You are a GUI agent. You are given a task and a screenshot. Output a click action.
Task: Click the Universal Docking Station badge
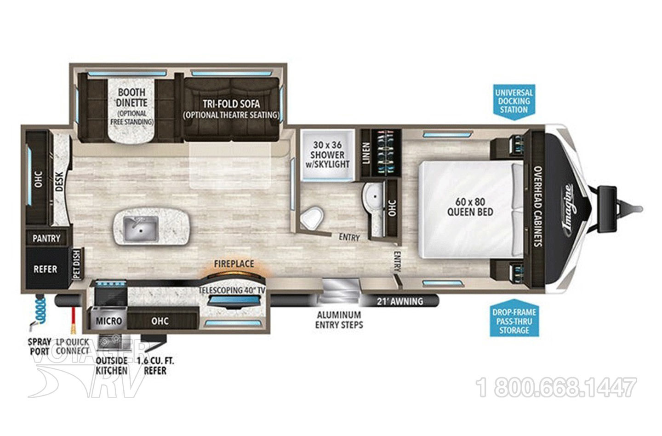(x=514, y=101)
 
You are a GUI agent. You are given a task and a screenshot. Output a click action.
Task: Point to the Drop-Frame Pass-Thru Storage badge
(x=514, y=321)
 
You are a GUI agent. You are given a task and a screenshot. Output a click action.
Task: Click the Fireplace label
(x=234, y=264)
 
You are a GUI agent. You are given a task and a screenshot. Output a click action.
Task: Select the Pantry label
(x=46, y=238)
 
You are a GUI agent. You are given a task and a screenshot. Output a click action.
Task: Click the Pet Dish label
(x=76, y=264)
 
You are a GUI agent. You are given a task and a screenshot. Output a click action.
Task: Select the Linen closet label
(x=366, y=154)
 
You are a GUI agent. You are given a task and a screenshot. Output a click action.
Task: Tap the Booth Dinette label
(x=131, y=97)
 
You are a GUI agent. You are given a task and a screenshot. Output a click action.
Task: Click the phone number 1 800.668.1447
(x=557, y=388)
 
